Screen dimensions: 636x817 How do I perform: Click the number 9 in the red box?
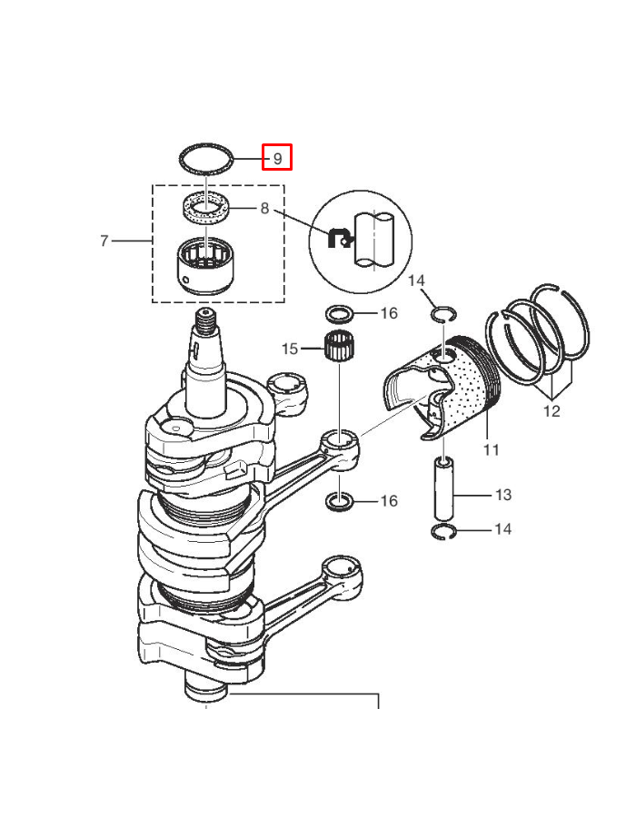pyautogui.click(x=277, y=158)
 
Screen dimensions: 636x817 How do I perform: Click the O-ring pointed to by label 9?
pyautogui.click(x=205, y=146)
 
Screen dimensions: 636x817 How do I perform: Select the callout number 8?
pyautogui.click(x=264, y=209)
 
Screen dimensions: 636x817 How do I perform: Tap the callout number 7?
pyautogui.click(x=104, y=241)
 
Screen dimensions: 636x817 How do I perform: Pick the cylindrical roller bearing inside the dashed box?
pyautogui.click(x=207, y=265)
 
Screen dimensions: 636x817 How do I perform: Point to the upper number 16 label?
pyautogui.click(x=389, y=313)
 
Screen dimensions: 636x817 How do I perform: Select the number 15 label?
pyautogui.click(x=290, y=349)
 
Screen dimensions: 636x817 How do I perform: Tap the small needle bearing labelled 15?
pyautogui.click(x=339, y=346)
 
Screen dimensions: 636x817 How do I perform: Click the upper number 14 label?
pyautogui.click(x=416, y=281)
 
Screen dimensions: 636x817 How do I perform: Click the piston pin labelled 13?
pyautogui.click(x=444, y=488)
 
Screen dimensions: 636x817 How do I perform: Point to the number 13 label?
pyautogui.click(x=503, y=495)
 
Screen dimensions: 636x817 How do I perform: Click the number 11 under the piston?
pyautogui.click(x=491, y=449)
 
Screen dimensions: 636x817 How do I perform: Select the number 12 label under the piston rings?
pyautogui.click(x=552, y=411)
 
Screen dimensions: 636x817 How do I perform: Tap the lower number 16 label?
pyautogui.click(x=389, y=501)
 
